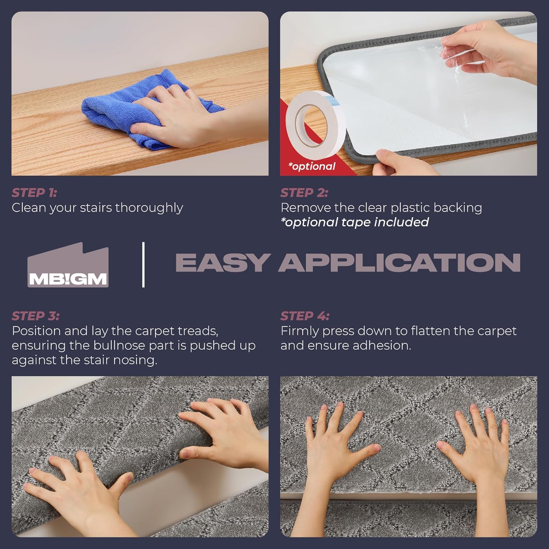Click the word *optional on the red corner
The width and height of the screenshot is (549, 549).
click(x=312, y=166)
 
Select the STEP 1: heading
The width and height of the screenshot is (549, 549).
click(x=34, y=193)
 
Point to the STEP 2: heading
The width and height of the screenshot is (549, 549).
click(x=304, y=193)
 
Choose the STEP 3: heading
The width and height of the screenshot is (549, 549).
click(x=35, y=316)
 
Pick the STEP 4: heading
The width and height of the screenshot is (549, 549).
click(x=305, y=316)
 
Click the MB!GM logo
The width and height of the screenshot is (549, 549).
click(x=68, y=265)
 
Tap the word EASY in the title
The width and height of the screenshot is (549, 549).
click(x=223, y=262)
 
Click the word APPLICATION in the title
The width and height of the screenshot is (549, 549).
click(x=400, y=262)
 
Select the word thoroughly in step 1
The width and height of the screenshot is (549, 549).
click(x=149, y=208)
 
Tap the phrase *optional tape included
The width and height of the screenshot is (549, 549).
click(x=355, y=222)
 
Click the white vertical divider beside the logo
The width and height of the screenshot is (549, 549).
click(x=143, y=265)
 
